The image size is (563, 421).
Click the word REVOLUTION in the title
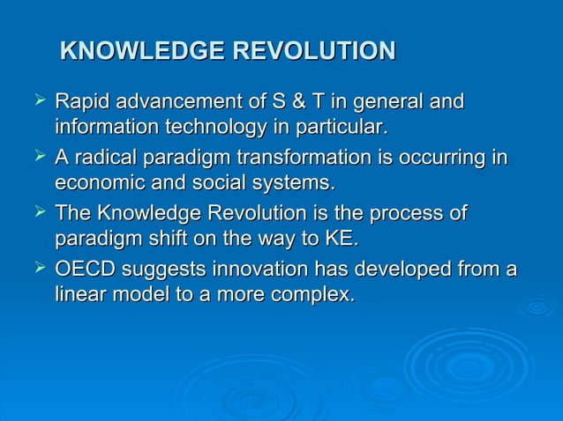[x=313, y=51]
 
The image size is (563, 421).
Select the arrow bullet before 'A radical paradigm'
[x=39, y=159]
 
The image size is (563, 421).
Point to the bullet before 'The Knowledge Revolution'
[x=39, y=214]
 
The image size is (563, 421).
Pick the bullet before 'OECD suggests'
[x=39, y=270]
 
